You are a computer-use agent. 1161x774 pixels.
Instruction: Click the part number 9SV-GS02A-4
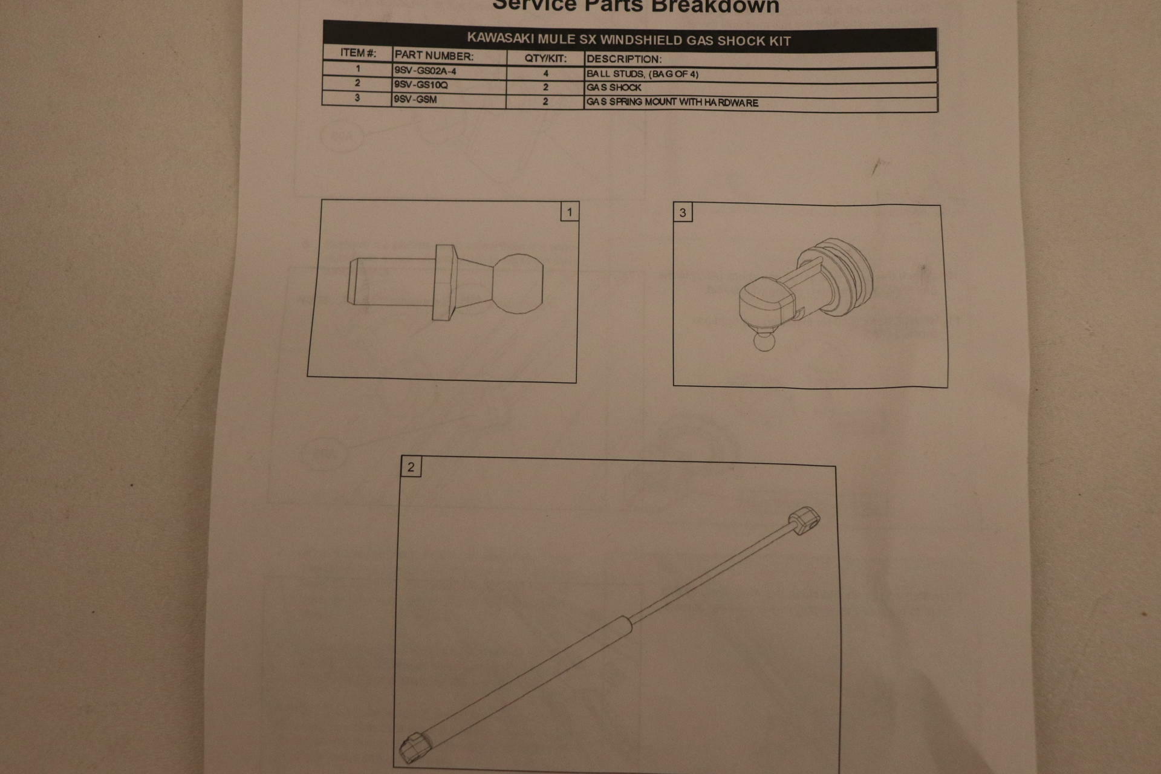tap(425, 71)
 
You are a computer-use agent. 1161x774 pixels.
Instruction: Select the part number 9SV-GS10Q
tap(421, 85)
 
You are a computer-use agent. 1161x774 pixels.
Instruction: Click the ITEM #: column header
tap(358, 53)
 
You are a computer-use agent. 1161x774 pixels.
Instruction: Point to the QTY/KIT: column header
tap(545, 59)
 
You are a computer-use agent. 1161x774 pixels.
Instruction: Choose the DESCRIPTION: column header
tap(624, 59)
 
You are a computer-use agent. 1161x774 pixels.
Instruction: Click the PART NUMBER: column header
tap(434, 56)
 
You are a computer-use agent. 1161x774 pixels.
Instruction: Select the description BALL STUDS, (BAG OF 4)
tap(642, 74)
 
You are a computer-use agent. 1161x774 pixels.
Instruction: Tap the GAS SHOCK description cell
tap(614, 88)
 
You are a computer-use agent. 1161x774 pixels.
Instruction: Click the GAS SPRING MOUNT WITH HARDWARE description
tap(672, 102)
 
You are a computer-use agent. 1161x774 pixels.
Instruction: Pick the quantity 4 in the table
tap(545, 74)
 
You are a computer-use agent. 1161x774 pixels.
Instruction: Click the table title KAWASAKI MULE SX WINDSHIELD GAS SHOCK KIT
tap(629, 41)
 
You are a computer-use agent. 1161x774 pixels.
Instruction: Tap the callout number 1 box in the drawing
tap(569, 212)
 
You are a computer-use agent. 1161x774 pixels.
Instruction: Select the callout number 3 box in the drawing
tap(683, 213)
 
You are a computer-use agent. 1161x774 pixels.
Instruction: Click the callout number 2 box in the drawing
tap(411, 467)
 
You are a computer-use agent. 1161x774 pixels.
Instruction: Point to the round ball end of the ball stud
tap(518, 283)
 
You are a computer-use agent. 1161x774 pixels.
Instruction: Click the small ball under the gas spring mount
tap(764, 342)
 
